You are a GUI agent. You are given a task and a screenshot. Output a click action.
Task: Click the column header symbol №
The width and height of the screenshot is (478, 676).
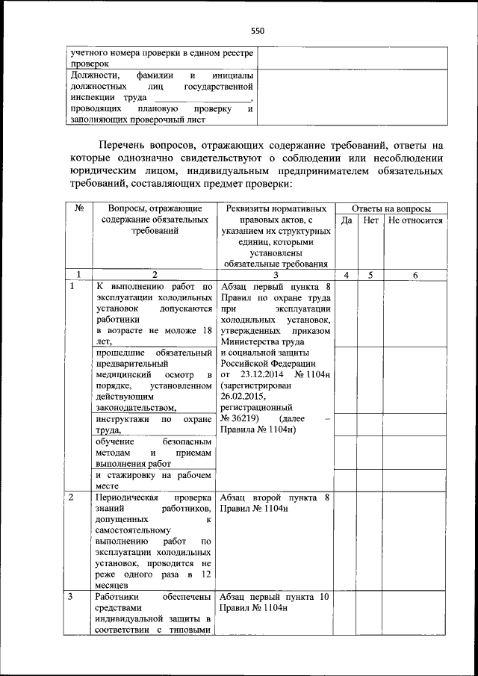pos(78,208)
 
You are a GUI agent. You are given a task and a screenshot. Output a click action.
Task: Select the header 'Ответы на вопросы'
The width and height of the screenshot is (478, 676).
pos(390,208)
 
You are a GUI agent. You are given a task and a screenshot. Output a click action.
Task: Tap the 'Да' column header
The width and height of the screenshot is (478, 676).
pos(347,221)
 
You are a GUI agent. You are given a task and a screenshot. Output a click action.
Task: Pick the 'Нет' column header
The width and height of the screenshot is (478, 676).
pos(370,221)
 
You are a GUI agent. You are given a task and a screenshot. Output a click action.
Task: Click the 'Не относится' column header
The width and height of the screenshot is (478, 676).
pos(415,221)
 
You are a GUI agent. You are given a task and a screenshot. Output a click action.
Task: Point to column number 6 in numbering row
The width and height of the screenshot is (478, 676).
pos(415,276)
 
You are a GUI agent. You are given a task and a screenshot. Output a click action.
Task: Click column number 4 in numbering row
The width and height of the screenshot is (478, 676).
pos(347,276)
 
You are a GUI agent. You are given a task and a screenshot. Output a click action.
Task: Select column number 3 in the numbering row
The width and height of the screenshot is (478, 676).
pos(275,276)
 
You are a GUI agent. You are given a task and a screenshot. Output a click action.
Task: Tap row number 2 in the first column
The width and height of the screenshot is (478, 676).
pos(71,497)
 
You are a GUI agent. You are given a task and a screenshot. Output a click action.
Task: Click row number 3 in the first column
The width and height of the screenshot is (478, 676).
pos(71,597)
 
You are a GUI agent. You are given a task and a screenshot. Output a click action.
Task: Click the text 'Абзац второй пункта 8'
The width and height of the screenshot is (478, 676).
pos(274,497)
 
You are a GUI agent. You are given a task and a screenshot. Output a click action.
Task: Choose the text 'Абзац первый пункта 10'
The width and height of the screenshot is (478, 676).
pos(274,597)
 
